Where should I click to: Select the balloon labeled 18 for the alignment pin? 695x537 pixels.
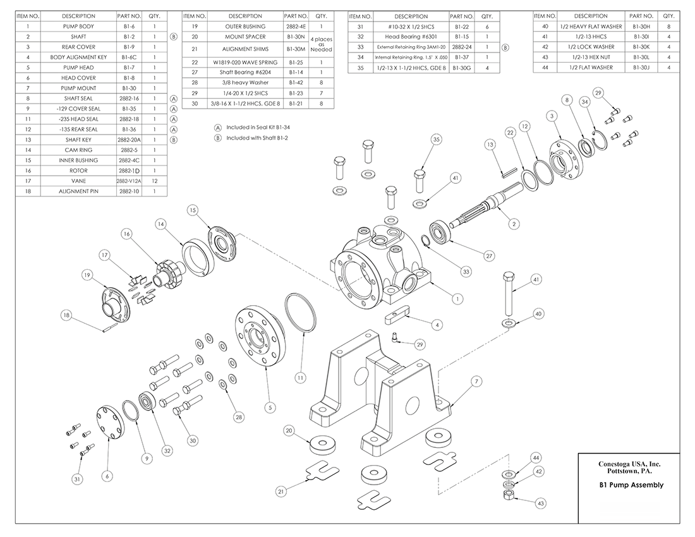[66, 315]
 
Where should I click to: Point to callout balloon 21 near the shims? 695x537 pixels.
[281, 490]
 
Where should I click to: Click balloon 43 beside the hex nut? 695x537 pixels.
[540, 504]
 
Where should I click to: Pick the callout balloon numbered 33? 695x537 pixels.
[466, 272]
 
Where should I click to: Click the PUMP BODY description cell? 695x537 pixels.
[79, 27]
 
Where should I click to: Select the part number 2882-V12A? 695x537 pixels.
[128, 181]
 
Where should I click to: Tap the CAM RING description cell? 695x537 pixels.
[79, 150]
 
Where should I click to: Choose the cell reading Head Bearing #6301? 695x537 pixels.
[411, 37]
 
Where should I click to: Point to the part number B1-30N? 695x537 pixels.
[296, 37]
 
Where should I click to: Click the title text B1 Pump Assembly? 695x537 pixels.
[631, 485]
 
